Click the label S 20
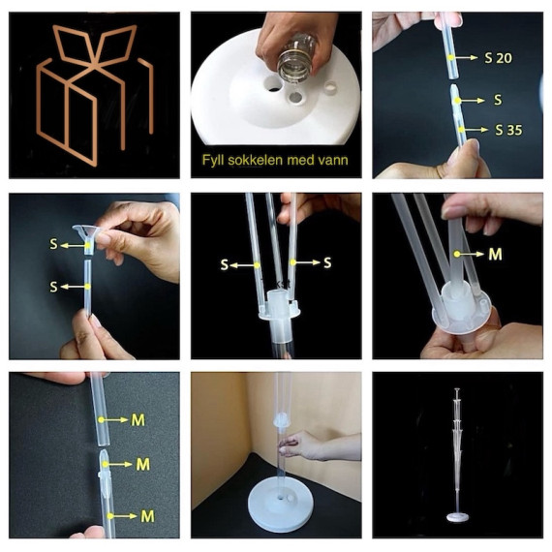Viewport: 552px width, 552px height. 498,58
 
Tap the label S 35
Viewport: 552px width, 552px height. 508,130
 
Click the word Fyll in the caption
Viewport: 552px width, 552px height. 213,160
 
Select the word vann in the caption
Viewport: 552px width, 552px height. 333,160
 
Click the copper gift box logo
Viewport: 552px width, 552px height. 95,94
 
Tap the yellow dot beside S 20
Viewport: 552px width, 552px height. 450,57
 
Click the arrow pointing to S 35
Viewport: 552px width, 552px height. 475,130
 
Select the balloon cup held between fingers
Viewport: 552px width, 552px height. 86,237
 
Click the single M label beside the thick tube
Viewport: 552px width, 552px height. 495,255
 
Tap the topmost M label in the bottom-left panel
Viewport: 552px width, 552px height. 138,420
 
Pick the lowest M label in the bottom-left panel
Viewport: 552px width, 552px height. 147,516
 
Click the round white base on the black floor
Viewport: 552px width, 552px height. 280,505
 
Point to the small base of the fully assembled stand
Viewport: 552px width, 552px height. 458,517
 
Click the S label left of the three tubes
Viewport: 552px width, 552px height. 225,264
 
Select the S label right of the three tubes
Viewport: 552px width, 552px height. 327,262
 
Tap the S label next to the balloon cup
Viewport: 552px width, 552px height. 53,244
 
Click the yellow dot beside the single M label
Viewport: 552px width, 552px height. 456,254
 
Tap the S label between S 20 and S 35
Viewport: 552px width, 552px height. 498,100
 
